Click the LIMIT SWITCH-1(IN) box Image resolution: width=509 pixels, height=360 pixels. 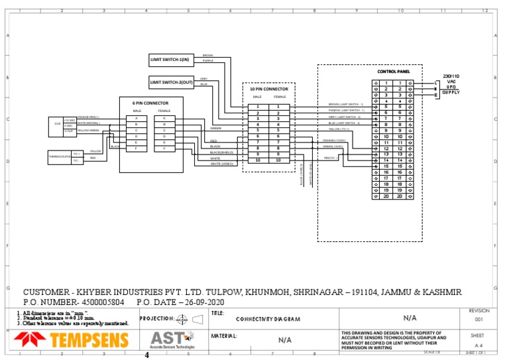pos(169,60)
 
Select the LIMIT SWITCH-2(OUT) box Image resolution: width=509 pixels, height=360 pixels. pos(171,82)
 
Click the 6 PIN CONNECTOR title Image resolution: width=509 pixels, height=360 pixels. pos(150,103)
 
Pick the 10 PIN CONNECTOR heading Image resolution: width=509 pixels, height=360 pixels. pos(268,88)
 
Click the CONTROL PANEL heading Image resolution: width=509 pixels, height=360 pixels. pos(394,72)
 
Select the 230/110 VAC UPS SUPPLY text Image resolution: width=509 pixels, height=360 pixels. pos(451,84)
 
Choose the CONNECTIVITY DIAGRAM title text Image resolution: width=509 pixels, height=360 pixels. pos(268,320)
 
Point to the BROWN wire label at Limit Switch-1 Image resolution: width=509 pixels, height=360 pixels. pos(207,55)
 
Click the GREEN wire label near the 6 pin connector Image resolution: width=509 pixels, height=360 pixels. pos(215,128)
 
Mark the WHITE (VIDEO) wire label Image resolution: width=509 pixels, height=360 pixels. pos(222,164)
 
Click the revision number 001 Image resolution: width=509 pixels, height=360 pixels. pos(479,319)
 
